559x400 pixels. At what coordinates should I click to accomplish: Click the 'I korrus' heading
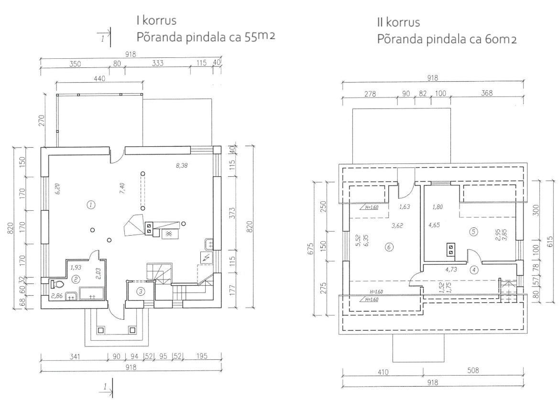click(x=156, y=20)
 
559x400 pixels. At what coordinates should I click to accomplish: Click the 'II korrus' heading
click(x=399, y=22)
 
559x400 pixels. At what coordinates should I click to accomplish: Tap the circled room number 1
click(x=91, y=205)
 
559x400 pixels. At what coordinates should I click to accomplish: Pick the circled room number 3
click(x=141, y=292)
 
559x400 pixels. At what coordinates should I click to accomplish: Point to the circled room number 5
click(x=473, y=232)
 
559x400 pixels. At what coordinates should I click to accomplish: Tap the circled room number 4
click(x=474, y=270)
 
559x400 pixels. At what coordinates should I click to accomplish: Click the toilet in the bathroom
click(x=57, y=284)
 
